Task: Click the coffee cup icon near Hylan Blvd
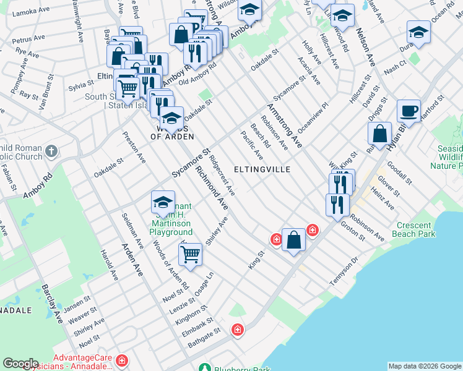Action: [x=409, y=110]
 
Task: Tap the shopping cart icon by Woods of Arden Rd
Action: [x=190, y=254]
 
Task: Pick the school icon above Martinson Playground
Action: [x=163, y=202]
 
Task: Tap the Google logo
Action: [x=21, y=364]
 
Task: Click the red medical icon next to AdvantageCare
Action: [x=122, y=360]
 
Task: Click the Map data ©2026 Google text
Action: [x=425, y=366]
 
